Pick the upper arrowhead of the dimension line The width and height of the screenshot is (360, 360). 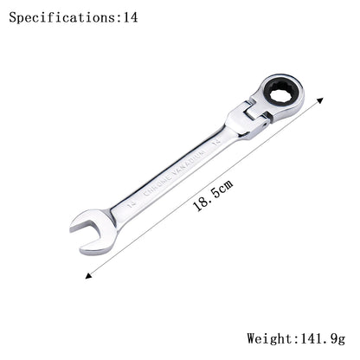(319, 100)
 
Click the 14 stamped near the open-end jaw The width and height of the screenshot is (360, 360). (131, 205)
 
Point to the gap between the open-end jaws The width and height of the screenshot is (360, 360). (84, 231)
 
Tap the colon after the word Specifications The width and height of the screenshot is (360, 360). (119, 17)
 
